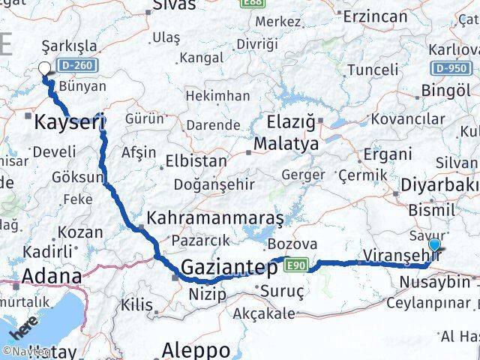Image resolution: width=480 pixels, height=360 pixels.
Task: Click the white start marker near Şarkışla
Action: click(44, 69)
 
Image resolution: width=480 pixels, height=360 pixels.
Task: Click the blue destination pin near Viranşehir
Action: click(434, 244)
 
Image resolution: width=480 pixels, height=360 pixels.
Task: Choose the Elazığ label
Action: click(293, 120)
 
